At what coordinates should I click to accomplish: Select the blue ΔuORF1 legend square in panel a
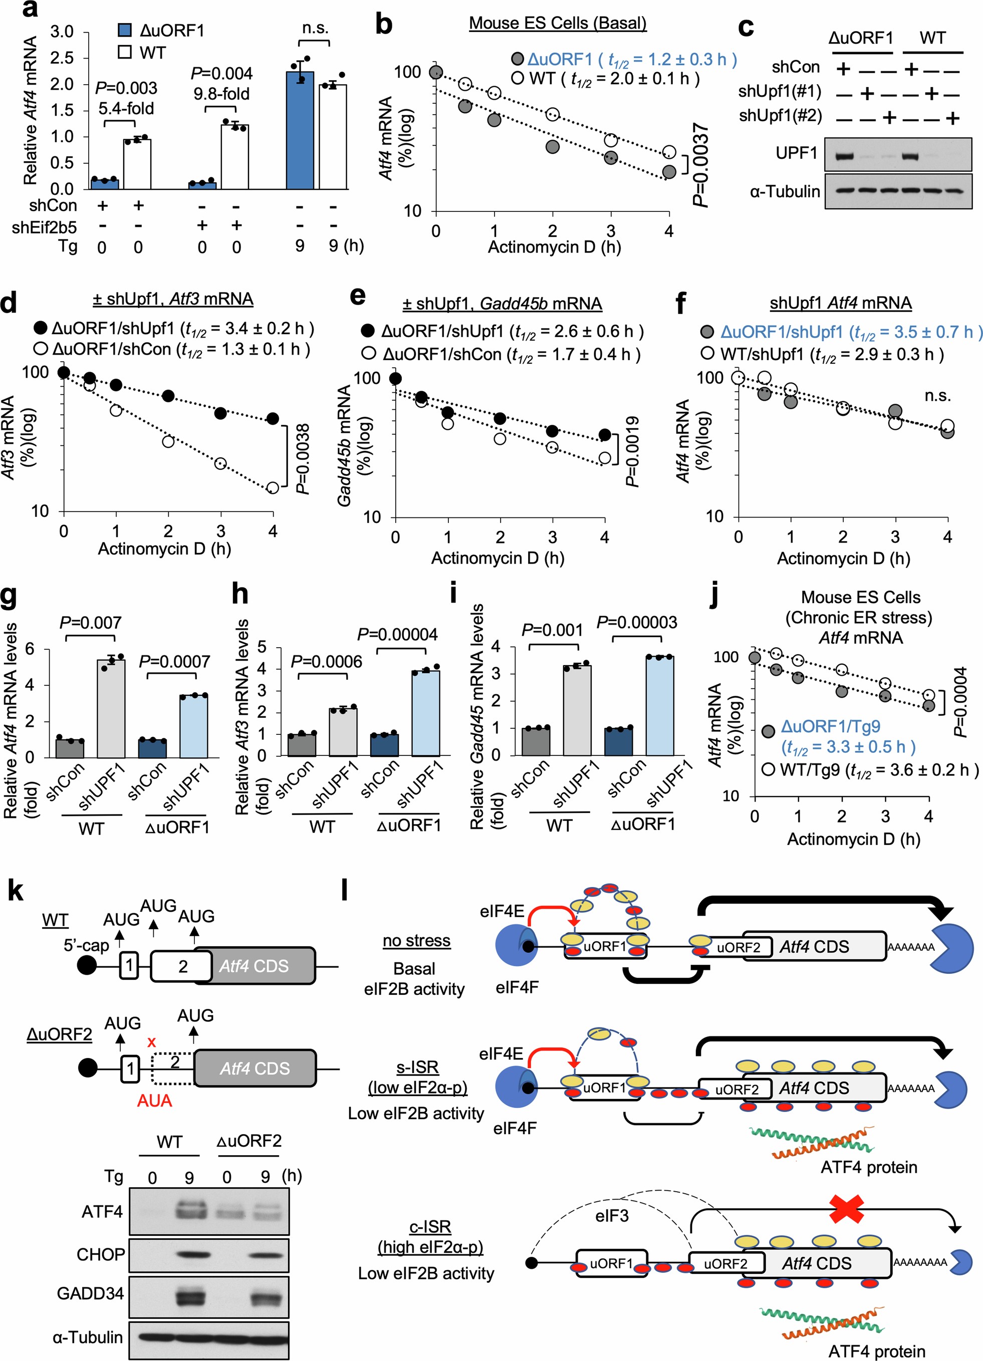pos(125,30)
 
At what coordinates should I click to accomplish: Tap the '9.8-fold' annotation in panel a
pos(221,94)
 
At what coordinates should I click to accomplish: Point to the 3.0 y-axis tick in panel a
pos(62,32)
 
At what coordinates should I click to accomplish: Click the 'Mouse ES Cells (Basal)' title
pos(558,24)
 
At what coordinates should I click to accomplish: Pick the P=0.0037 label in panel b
pos(701,165)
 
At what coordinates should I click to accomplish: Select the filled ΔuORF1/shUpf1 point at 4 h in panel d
pos(273,419)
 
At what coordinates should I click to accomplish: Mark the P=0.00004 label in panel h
pos(397,634)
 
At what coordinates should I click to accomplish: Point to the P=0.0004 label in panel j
pos(960,702)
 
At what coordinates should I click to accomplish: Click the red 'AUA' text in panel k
pos(154,1101)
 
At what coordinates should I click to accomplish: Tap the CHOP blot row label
pos(101,1254)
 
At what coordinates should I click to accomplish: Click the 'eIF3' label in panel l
pos(612,1216)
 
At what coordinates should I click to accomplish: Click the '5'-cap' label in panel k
pos(86,945)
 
